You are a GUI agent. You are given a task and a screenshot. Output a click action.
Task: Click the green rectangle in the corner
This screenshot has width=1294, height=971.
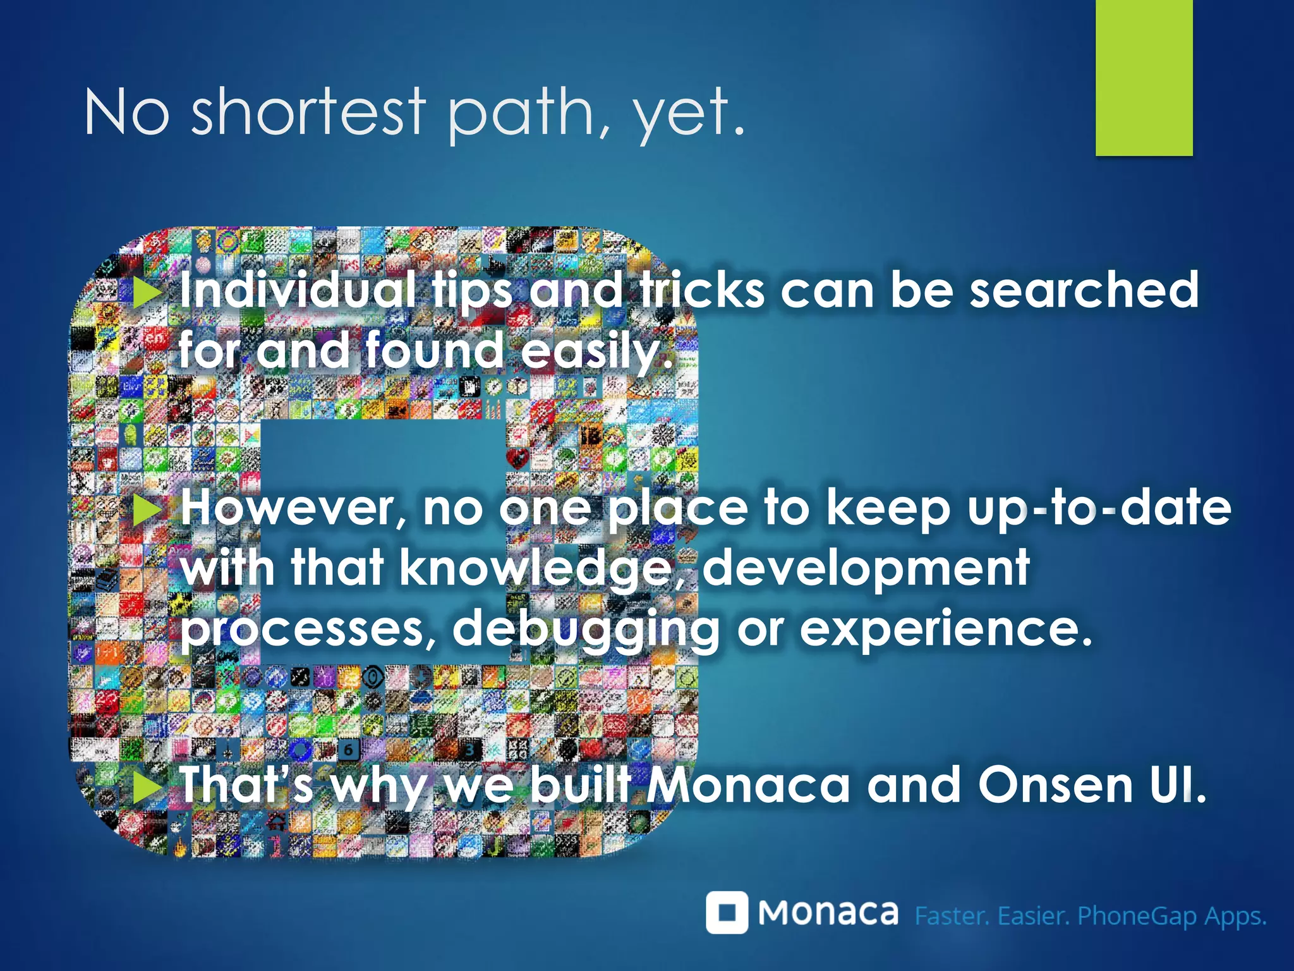[x=1144, y=77]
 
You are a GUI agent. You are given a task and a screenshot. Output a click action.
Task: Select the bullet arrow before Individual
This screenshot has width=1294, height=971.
[x=147, y=293]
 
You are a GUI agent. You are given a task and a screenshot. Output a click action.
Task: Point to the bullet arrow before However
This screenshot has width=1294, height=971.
[x=147, y=510]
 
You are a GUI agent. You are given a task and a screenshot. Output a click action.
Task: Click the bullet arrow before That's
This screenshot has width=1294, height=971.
[x=147, y=787]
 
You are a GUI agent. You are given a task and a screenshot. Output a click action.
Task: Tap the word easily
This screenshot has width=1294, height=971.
[x=596, y=351]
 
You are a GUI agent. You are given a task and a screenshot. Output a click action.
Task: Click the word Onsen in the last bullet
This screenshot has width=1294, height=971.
[x=1056, y=785]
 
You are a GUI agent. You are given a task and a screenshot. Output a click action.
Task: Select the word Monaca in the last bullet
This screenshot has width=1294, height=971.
[x=749, y=785]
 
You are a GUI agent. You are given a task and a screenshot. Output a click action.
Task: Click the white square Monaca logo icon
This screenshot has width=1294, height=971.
[x=727, y=912]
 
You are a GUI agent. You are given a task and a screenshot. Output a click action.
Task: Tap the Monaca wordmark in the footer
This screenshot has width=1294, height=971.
[x=828, y=912]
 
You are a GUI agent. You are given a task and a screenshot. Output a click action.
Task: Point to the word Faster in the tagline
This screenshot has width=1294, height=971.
[x=952, y=915]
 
